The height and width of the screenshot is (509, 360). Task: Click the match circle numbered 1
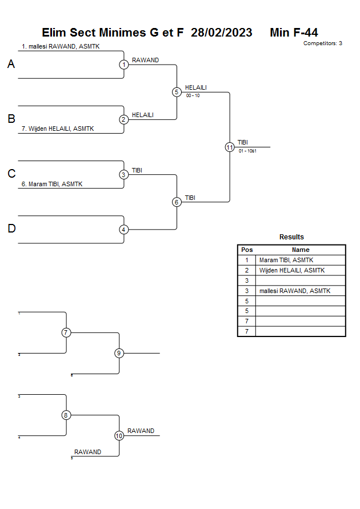(x=124, y=65)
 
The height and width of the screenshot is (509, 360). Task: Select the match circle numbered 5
(x=177, y=92)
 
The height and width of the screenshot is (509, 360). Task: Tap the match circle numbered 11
(x=230, y=147)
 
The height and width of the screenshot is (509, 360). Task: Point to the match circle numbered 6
(x=177, y=202)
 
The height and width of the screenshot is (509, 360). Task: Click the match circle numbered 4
(x=124, y=230)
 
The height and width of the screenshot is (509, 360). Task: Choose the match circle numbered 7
(x=66, y=332)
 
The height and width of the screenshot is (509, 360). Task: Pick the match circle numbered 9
(x=119, y=353)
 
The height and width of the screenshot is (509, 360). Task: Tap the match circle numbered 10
(x=119, y=436)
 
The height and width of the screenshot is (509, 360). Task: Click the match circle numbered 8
(x=66, y=415)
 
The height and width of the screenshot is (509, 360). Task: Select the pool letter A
(x=11, y=65)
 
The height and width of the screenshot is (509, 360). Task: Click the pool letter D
(x=11, y=229)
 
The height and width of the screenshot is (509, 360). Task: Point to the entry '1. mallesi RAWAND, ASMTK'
(x=61, y=46)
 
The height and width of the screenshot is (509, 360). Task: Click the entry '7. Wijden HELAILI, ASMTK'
(x=57, y=129)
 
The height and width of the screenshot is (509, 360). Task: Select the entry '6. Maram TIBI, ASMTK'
(x=52, y=185)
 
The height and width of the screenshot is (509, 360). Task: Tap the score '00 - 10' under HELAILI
(x=193, y=95)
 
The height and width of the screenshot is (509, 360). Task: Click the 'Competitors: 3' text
(x=323, y=43)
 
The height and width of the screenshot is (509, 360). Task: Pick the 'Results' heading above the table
(x=291, y=237)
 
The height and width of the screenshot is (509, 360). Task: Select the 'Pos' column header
(x=247, y=250)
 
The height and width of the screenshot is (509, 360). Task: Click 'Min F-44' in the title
(x=294, y=33)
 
